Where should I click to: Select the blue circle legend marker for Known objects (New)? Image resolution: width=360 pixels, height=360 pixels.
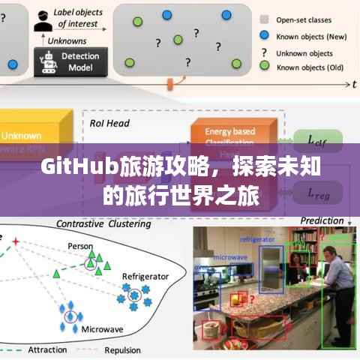coord(264,35)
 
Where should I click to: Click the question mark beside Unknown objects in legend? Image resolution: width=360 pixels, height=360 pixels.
coord(264,52)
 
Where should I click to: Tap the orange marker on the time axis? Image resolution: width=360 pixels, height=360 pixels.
coord(178,80)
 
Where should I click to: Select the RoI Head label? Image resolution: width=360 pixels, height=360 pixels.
coord(109,123)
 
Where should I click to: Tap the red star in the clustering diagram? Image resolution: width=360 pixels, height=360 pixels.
coord(13,242)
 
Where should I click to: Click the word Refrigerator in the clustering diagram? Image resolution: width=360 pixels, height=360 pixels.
coord(146,277)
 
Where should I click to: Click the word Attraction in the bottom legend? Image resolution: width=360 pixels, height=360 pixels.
coord(46,349)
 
